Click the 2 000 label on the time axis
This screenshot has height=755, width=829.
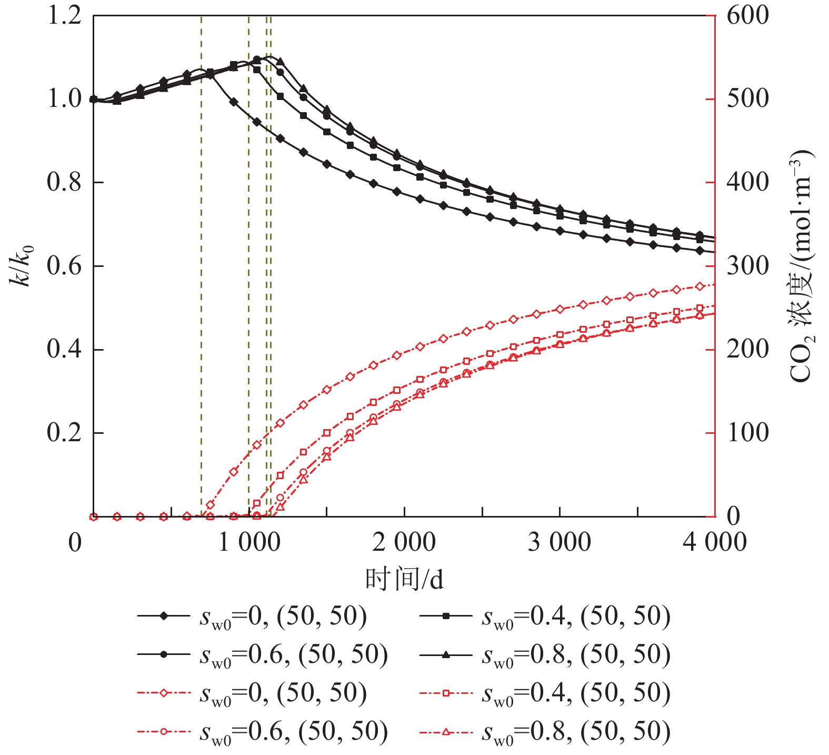pyautogui.click(x=404, y=542)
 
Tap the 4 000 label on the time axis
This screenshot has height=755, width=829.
pyautogui.click(x=714, y=542)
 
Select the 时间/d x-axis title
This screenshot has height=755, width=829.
pyautogui.click(x=404, y=579)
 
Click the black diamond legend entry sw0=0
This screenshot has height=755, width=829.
pyautogui.click(x=253, y=617)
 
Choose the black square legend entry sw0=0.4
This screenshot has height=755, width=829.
pyautogui.click(x=545, y=617)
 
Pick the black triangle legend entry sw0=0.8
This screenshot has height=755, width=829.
pyautogui.click(x=545, y=654)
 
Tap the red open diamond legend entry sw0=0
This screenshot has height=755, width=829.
pyautogui.click(x=253, y=693)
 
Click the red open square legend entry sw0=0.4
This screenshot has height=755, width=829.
pyautogui.click(x=545, y=693)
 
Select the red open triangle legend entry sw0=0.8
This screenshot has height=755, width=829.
pyautogui.click(x=545, y=731)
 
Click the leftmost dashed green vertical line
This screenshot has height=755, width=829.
pyautogui.click(x=201, y=263)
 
